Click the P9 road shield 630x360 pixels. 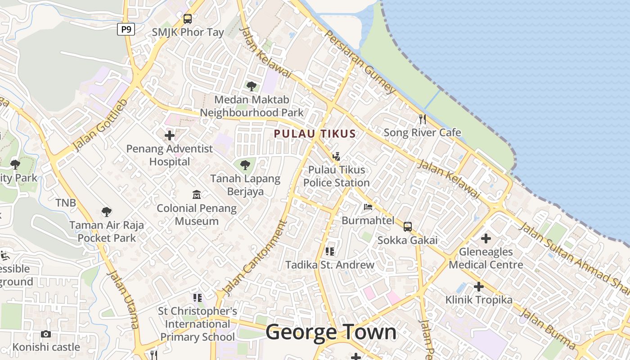tap(126, 30)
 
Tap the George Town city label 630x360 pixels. tap(331, 333)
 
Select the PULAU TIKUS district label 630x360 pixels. tap(315, 134)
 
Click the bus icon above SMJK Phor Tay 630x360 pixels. tap(188, 19)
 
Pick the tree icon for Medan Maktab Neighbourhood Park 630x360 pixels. tap(252, 85)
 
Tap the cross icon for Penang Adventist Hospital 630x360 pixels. tap(170, 135)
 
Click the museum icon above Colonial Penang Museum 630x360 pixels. tap(197, 195)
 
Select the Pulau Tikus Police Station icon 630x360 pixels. tap(336, 157)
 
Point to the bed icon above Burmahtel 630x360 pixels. tap(368, 207)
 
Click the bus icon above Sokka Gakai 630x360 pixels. tap(408, 226)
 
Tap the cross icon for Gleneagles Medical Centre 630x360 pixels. tap(486, 238)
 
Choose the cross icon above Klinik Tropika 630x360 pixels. tap(479, 286)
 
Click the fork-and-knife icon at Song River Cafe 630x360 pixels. tap(422, 119)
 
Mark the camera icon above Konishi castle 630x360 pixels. tap(46, 334)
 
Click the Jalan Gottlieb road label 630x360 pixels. tap(100, 126)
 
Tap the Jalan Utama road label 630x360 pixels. tap(123, 299)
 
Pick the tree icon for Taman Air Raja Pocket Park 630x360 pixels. tap(107, 211)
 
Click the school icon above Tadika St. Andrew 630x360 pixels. tap(330, 251)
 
